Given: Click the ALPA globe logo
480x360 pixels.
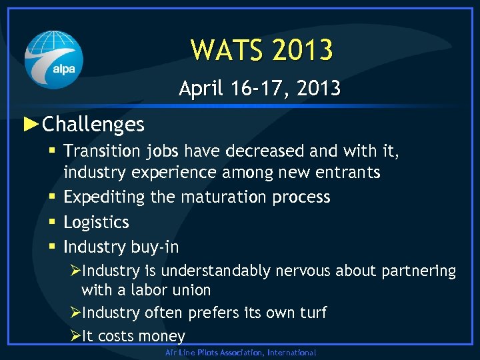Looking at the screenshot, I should point(54,60).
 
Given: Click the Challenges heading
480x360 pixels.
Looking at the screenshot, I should point(93,124).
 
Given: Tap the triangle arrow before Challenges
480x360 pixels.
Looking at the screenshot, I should point(31,123).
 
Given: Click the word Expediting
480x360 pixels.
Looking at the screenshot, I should point(100,198).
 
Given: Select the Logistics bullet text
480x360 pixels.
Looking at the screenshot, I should point(96,222).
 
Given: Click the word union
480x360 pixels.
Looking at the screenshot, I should point(191,290).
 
